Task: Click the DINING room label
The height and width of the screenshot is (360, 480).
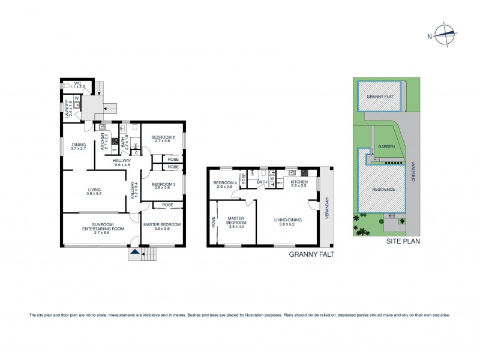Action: pyautogui.click(x=79, y=145)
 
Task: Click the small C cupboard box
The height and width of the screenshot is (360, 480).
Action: pyautogui.click(x=137, y=152)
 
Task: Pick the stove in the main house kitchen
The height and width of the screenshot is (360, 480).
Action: pyautogui.click(x=113, y=142)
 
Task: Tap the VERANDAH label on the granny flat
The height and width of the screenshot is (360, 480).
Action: pyautogui.click(x=327, y=208)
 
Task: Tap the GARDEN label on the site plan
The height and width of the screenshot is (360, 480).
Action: pyautogui.click(x=385, y=148)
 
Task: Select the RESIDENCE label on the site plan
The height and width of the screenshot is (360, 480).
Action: pyautogui.click(x=384, y=190)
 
